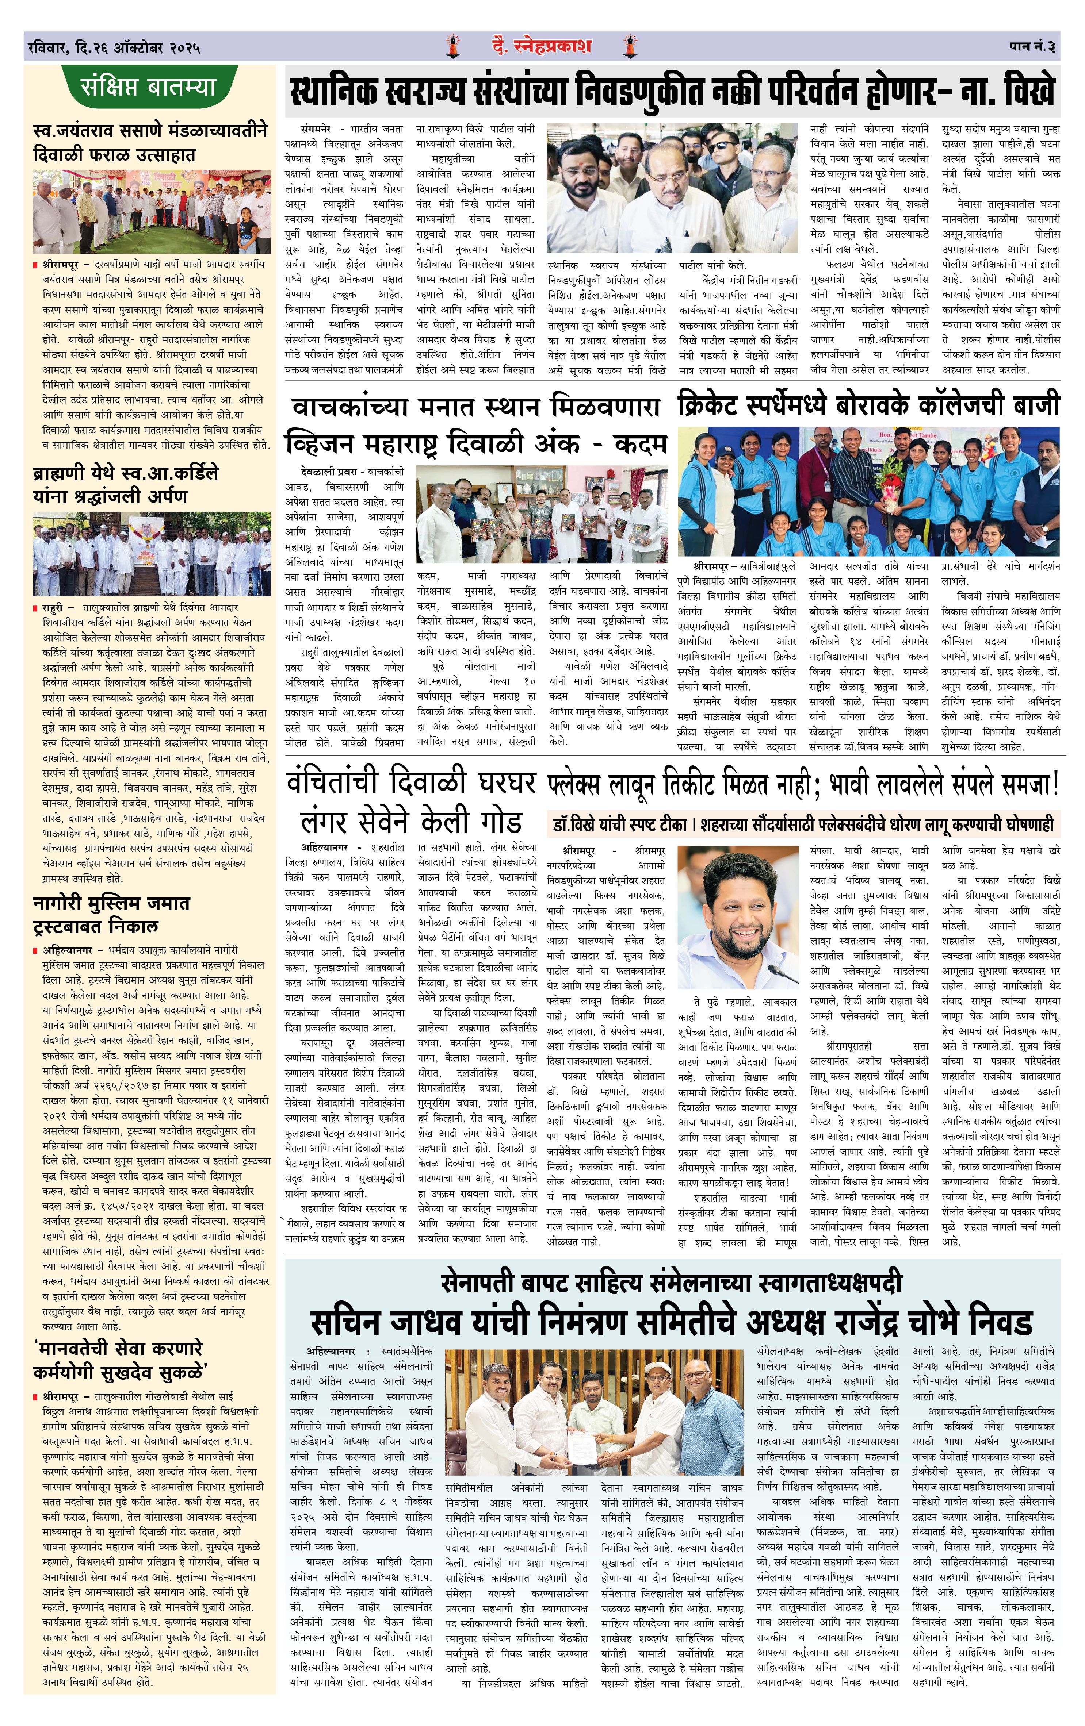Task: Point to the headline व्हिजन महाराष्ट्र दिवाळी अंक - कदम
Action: click(x=475, y=445)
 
